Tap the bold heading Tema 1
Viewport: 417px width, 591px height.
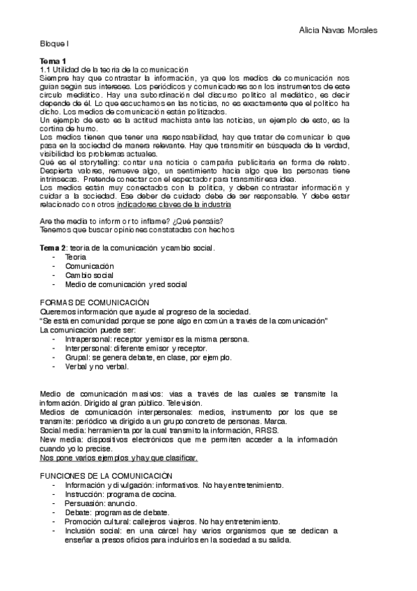click(x=53, y=61)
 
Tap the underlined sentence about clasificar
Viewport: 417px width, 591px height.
click(x=118, y=458)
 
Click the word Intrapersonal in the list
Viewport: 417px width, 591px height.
click(x=88, y=339)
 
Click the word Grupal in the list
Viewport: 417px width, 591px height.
click(x=77, y=357)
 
